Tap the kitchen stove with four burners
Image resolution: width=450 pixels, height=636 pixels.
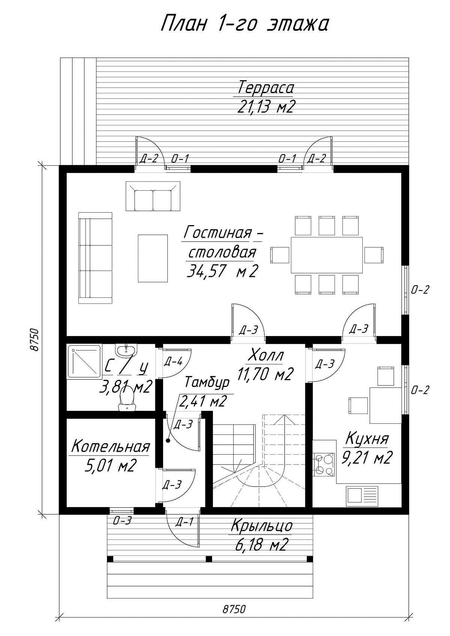pos(324,464)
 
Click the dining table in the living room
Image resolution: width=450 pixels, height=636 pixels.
pos(327,255)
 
